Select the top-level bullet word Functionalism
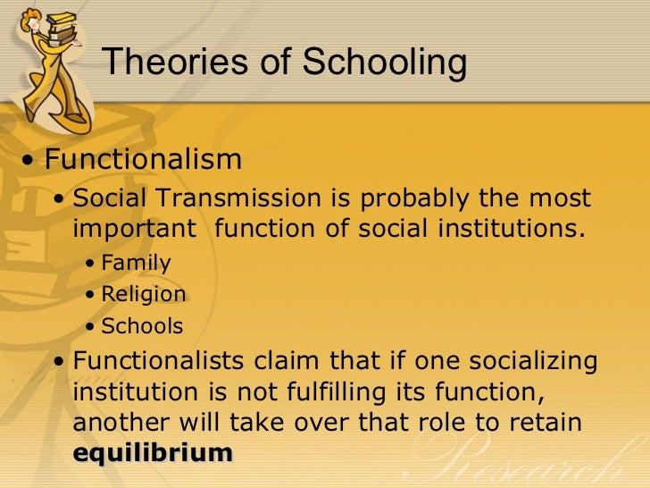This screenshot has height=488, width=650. pos(143,160)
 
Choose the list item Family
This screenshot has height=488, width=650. pos(136,263)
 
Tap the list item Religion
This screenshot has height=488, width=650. pos(144,295)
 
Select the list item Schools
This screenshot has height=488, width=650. pos(142,326)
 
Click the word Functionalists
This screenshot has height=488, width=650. pos(162,361)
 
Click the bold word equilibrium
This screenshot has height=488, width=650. pos(152,452)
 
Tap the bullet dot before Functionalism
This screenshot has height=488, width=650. pos(31,162)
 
